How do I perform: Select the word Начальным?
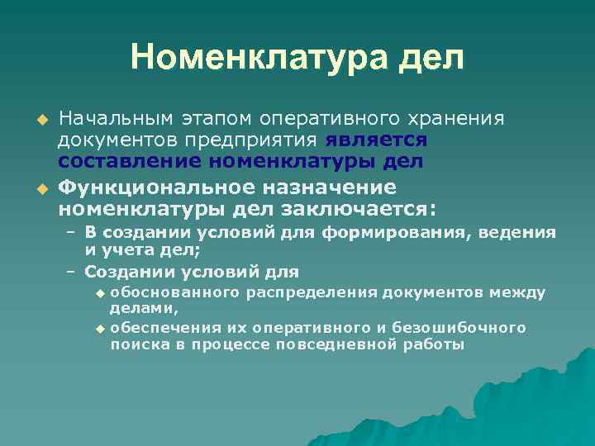pyautogui.click(x=112, y=117)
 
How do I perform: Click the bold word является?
pyautogui.click(x=376, y=140)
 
